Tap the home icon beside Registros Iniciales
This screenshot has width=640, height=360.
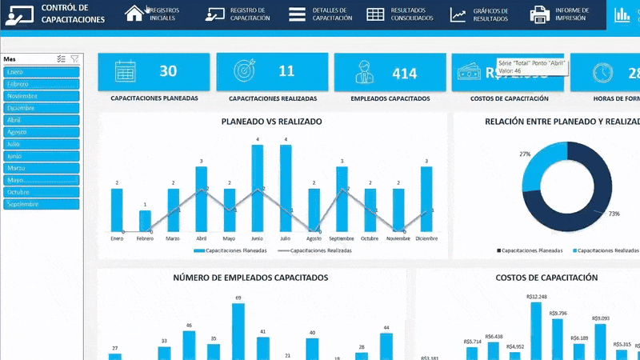134,14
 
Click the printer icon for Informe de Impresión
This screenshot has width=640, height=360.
539,14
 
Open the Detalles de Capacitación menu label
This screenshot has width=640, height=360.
332,14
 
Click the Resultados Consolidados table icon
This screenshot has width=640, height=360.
375,14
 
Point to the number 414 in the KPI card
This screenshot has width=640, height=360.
405,73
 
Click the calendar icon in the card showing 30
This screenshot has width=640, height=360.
125,72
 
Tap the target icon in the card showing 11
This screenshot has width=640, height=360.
243,72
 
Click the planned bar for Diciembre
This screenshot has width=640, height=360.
426,199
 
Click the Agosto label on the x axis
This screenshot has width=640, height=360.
314,238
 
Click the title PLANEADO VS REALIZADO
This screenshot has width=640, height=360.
272,122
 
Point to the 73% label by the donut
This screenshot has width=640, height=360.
614,214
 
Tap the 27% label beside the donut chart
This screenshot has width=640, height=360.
525,154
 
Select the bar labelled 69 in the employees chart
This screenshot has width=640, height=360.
238,331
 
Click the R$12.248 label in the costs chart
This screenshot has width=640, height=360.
536,297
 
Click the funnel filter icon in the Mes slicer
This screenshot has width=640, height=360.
74,58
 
